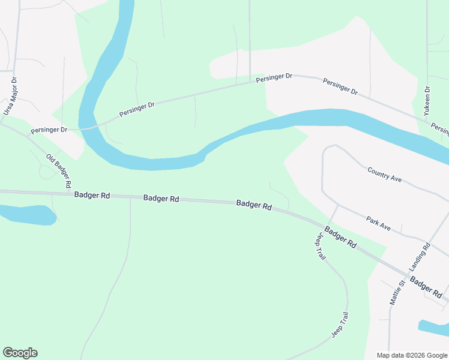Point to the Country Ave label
tap(384, 175)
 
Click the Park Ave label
tap(378, 224)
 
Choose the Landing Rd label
tap(420, 257)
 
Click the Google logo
tap(20, 353)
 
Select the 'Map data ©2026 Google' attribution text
tap(412, 355)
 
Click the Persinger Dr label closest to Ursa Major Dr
tap(49, 130)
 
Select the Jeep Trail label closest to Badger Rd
tap(319, 246)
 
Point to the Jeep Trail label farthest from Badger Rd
tap(340, 325)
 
